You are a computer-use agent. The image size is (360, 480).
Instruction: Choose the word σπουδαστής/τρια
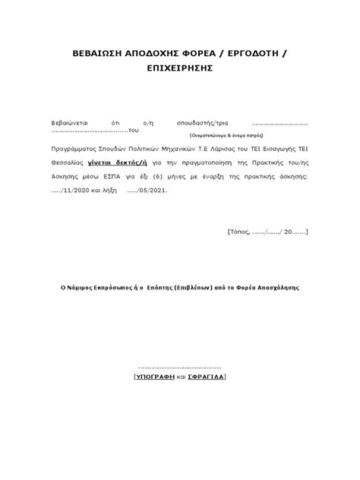click(x=207, y=122)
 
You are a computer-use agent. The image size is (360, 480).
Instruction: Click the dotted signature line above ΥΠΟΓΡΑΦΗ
click(x=180, y=367)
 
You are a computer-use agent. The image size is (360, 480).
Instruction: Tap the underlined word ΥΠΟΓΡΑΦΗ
click(x=154, y=377)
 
